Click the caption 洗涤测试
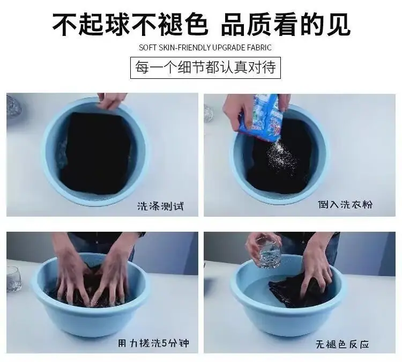click(x=160, y=206)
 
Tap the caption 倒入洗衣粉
click(x=345, y=204)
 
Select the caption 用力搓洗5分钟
click(x=154, y=343)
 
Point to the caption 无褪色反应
click(x=343, y=344)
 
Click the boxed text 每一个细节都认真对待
click(x=206, y=68)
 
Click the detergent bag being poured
click(x=262, y=117)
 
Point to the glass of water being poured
click(x=269, y=253)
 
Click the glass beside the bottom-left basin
click(x=13, y=279)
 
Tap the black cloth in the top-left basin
click(x=96, y=153)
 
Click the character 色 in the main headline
click(x=195, y=24)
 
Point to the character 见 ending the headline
click(x=338, y=24)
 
